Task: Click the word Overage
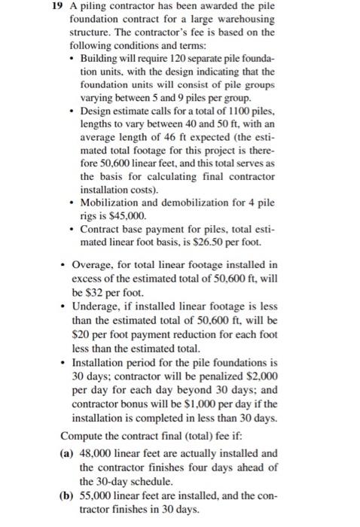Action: pos(96,264)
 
